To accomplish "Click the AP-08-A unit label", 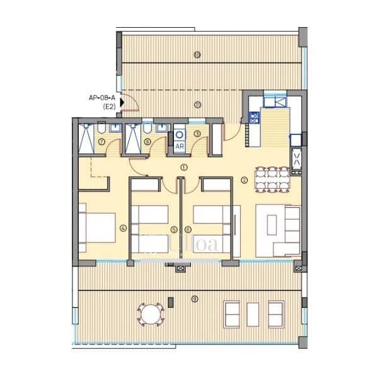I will (102, 98).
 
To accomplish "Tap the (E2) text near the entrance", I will (109, 107).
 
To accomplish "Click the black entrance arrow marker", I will (122, 101).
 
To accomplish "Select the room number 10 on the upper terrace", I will (197, 55).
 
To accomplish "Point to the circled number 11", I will (197, 104).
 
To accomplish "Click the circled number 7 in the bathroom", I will (102, 142).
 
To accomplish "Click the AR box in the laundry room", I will (179, 146).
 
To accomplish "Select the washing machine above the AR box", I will (179, 134).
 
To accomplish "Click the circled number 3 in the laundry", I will (197, 133).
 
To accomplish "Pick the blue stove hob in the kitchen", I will (255, 117).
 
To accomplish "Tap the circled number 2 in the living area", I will (244, 180).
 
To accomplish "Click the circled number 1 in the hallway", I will (183, 167).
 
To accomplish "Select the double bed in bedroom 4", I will (98, 226).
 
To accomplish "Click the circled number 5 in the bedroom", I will (174, 229).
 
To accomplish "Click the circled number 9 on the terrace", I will (195, 298).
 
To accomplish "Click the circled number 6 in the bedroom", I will (188, 229).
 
